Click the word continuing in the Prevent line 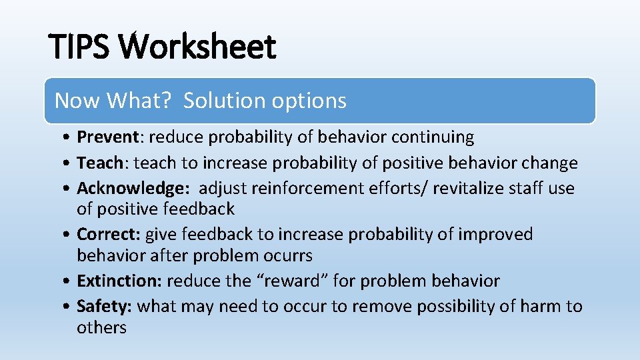433,137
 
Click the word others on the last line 101,327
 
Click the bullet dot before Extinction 69,281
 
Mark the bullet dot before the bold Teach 69,163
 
